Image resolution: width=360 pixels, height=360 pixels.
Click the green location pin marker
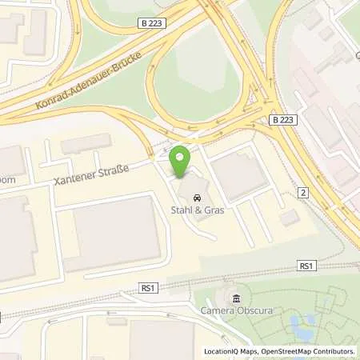tap(180, 162)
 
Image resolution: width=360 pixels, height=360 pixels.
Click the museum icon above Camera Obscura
tap(235, 300)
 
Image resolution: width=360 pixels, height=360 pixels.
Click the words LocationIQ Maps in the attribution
tap(227, 351)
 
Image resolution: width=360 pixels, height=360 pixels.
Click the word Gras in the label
tap(214, 211)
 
